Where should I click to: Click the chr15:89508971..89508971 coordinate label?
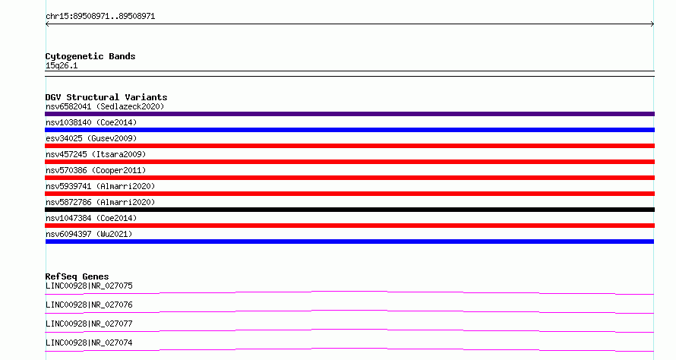100,17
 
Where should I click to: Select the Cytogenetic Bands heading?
90,56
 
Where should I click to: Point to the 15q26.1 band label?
62,65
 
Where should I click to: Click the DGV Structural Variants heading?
106,97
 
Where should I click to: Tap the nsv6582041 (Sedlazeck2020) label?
105,106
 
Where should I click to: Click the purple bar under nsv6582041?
349,114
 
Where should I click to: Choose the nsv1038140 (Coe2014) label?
91,122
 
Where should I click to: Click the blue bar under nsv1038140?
349,130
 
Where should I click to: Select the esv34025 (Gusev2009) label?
91,138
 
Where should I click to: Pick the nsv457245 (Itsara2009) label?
96,154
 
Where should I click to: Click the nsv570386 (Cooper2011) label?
96,170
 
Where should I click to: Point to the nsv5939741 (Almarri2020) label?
100,186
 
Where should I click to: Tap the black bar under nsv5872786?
349,210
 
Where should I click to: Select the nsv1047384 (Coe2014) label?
91,218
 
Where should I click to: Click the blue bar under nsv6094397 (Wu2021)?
349,242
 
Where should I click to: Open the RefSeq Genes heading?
77,276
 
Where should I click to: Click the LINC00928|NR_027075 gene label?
89,286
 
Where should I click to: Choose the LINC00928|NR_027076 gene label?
89,305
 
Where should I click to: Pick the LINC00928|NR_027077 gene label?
89,324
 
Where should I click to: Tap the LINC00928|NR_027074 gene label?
89,343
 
